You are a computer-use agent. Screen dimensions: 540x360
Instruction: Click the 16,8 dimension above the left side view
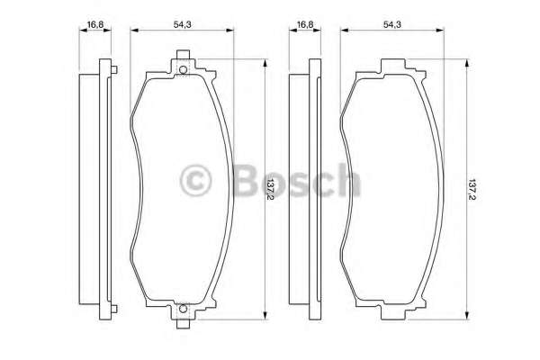tap(95, 24)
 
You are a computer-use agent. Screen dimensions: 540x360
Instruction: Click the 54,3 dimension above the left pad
tap(182, 24)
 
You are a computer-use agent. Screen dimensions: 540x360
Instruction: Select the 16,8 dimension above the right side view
tap(305, 24)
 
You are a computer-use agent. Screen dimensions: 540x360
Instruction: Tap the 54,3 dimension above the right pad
tap(392, 24)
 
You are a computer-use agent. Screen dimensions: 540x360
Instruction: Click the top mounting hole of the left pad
tap(184, 70)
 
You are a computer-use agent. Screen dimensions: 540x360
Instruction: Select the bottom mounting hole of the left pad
tap(184, 309)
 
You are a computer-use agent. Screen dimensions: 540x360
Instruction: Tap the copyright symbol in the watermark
tap(195, 181)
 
